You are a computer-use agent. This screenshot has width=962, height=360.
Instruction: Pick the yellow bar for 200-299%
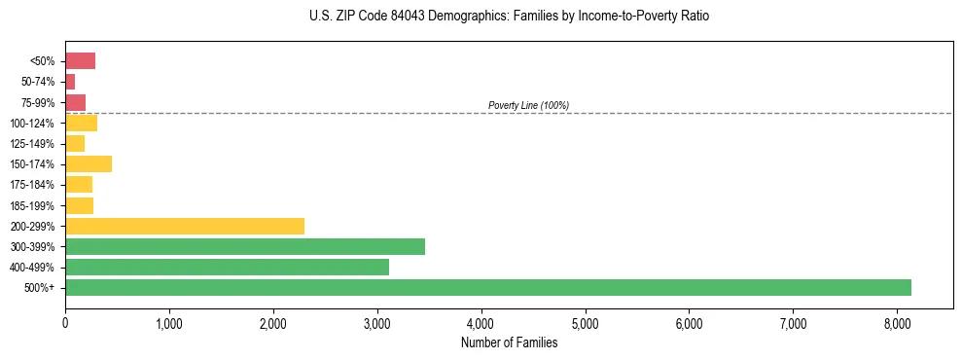(185, 226)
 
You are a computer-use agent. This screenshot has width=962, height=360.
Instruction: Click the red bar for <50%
(80, 61)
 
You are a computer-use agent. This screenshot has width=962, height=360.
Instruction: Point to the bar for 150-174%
(89, 163)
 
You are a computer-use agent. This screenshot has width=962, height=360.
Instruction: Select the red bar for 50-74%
(70, 82)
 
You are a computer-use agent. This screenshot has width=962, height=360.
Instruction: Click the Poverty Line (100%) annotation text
(528, 105)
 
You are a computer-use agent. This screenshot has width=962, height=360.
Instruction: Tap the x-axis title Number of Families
(509, 342)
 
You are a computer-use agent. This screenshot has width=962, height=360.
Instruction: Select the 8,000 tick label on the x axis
(897, 322)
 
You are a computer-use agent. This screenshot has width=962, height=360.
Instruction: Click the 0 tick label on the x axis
(65, 322)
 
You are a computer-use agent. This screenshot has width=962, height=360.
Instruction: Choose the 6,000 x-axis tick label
(689, 322)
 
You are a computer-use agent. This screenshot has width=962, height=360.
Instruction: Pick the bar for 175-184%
(79, 184)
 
